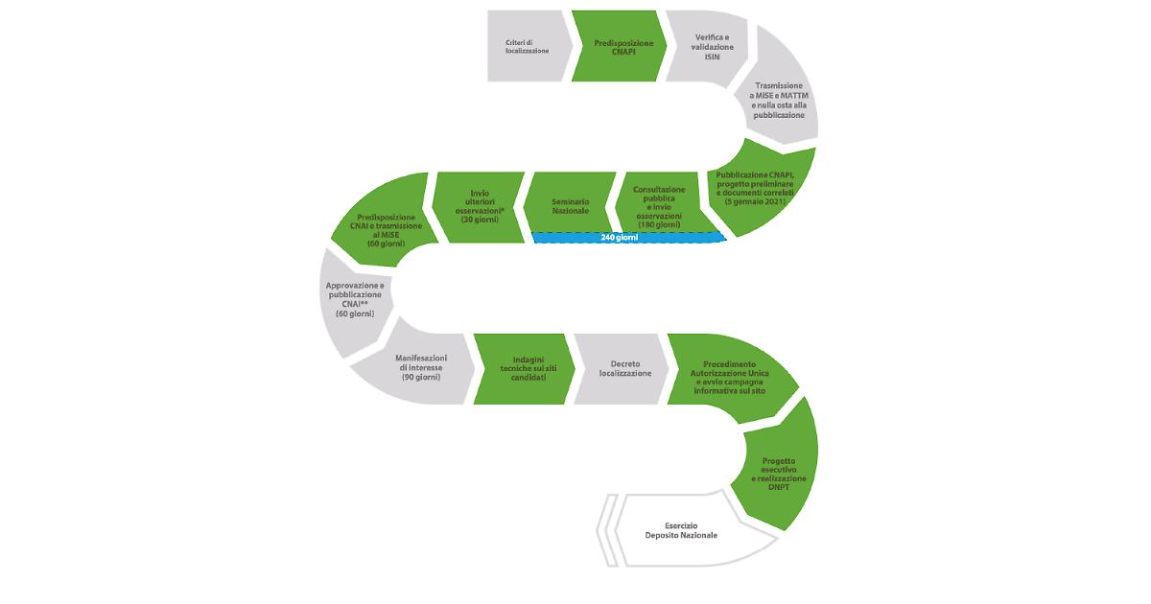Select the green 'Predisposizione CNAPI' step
click(621, 46)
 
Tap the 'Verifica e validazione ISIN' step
click(709, 47)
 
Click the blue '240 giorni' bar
click(629, 238)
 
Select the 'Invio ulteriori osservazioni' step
click(478, 207)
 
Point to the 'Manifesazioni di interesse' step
click(419, 368)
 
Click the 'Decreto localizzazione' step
click(622, 369)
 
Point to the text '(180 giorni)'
click(659, 225)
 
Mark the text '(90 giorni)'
click(421, 377)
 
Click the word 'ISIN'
click(712, 57)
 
